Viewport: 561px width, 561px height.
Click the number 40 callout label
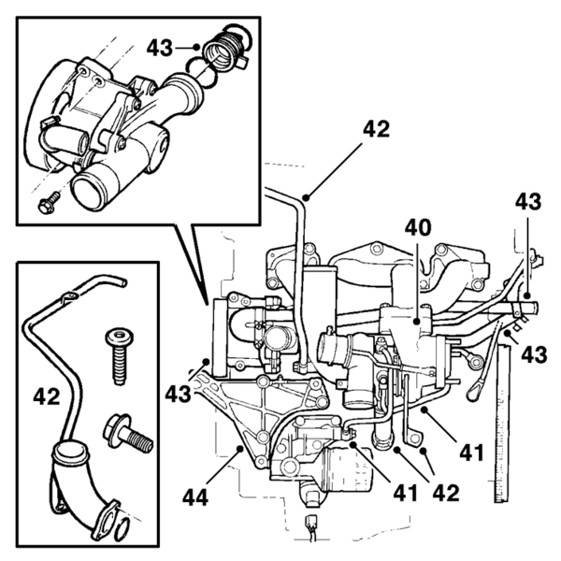coord(418,228)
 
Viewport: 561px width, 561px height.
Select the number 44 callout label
coord(195,497)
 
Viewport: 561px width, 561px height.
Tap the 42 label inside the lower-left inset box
coord(47,396)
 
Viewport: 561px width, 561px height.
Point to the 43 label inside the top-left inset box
coord(160,48)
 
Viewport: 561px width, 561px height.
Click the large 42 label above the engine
coord(376,129)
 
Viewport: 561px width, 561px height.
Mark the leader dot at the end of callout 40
coord(416,322)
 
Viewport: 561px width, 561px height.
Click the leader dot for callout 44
coord(240,448)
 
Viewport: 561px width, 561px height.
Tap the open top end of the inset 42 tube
coord(122,283)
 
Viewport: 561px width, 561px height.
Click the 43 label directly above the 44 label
coord(179,394)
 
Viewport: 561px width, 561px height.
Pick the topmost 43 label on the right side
coord(528,202)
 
